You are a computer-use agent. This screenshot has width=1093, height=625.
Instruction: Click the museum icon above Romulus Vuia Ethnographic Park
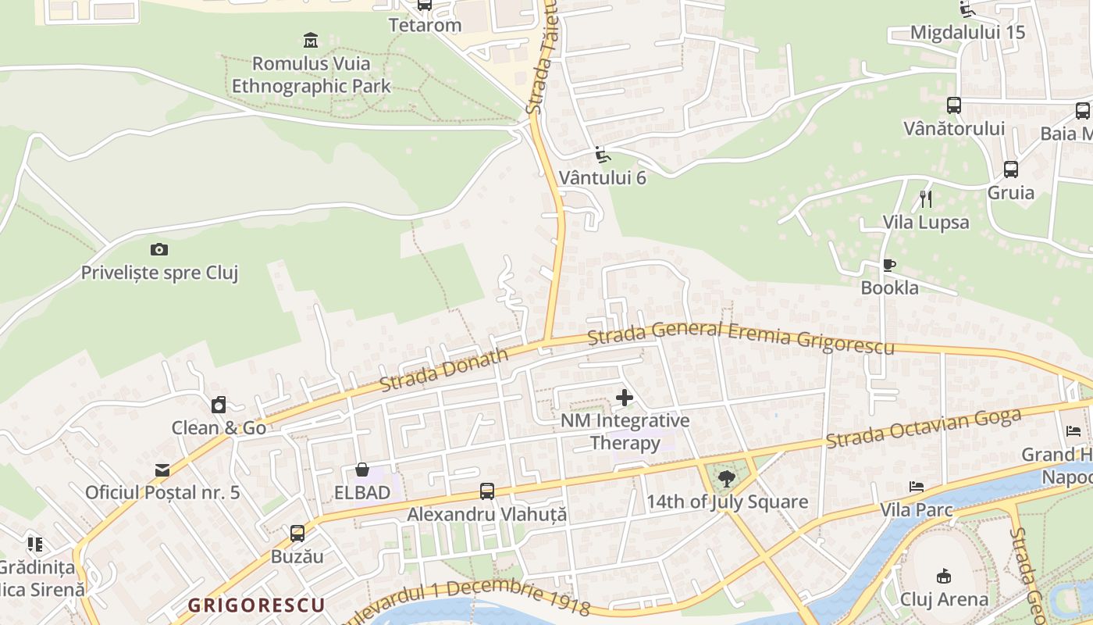311,40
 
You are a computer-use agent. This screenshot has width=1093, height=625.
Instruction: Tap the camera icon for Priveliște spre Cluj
159,249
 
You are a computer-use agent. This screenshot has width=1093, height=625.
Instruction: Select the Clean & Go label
219,427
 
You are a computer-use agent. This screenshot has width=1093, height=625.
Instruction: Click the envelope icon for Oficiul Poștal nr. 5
162,470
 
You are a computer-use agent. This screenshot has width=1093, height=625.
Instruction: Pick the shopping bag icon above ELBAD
362,470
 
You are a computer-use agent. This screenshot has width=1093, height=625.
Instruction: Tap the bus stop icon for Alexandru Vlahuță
487,491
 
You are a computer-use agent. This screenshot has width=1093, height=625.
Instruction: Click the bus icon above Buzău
297,534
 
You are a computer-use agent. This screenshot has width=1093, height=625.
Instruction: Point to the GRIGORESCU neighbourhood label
256,605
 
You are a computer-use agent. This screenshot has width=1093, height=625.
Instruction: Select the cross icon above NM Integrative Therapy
625,398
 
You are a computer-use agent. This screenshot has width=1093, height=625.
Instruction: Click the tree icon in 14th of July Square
727,478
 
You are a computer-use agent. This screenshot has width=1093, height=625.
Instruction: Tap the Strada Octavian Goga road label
924,428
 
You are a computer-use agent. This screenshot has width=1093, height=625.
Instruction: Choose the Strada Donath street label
443,370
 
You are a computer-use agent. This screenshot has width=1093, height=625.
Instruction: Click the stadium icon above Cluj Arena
944,576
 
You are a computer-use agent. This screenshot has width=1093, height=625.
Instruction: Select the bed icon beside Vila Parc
917,487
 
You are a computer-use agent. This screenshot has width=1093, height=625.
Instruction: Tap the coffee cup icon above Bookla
889,265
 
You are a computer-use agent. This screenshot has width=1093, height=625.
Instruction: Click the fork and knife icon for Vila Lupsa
926,198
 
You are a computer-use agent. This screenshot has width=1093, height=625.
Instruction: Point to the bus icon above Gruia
1011,169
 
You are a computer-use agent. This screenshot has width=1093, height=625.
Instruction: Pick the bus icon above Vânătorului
954,105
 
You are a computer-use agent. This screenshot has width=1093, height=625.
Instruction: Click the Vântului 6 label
607,177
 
